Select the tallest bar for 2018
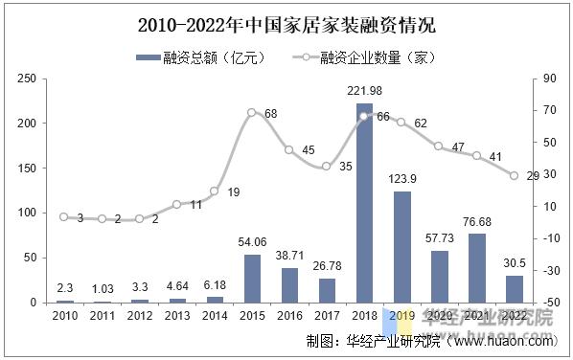[x=364, y=203]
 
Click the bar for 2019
[x=401, y=247]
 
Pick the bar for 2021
[x=476, y=268]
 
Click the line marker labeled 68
[x=252, y=113]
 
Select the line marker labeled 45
[x=289, y=149]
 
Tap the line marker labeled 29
[x=514, y=175]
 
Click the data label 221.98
[x=364, y=91]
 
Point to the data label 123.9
[x=402, y=179]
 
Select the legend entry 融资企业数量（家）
[x=366, y=57]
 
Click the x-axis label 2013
[x=177, y=315]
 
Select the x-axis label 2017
[x=327, y=315]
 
